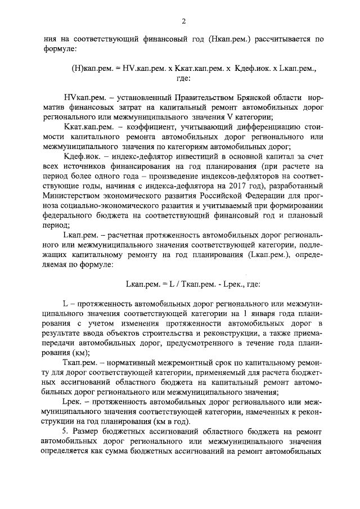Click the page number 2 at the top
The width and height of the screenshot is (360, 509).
pos(183,21)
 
